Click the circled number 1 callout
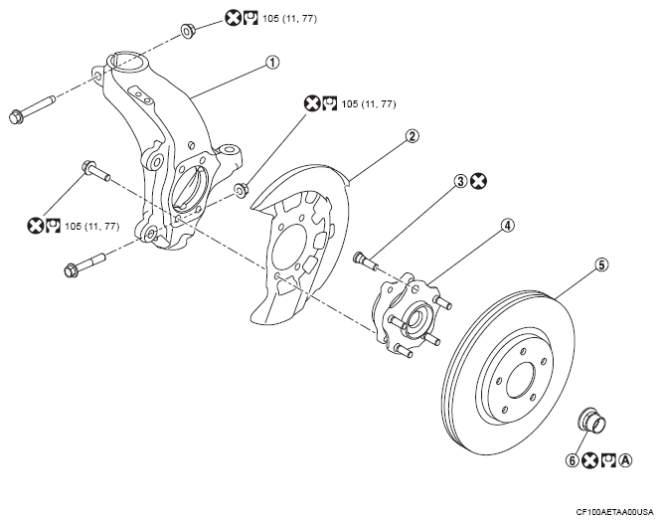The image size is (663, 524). pos(272,63)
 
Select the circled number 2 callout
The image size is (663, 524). pos(412,136)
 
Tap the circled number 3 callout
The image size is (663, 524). pos(460,181)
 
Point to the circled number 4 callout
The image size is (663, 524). pos(507,225)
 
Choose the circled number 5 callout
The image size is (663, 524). pos(601,264)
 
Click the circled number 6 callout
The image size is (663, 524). pos(573,460)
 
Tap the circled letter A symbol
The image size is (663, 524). pos(626,460)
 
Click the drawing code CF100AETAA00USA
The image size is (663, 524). pos(615,512)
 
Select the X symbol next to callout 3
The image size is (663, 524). pos(479,181)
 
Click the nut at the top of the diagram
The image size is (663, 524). pos(188,31)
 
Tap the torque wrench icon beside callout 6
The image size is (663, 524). pos(609,460)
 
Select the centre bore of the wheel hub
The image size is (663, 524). pos(414,317)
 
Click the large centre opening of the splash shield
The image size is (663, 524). pos(290,247)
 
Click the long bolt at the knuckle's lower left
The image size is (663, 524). pos(84,263)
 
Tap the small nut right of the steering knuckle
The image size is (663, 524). pos(241,190)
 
